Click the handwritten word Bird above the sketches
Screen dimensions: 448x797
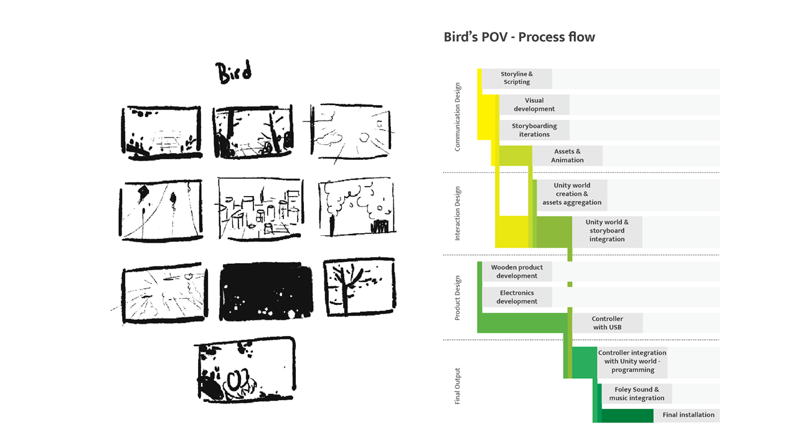(234, 72)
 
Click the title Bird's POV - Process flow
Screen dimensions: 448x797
(519, 37)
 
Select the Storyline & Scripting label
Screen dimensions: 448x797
(517, 78)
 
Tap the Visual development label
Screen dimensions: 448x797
(534, 105)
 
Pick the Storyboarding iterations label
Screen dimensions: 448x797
(534, 130)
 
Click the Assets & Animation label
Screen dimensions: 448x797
(567, 156)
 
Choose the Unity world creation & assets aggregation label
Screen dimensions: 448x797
(572, 194)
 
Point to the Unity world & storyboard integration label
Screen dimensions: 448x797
(606, 231)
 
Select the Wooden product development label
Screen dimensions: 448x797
(517, 272)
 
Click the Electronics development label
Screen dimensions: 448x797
(517, 297)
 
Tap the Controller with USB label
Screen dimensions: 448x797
(607, 323)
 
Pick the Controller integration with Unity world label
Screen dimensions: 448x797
(632, 362)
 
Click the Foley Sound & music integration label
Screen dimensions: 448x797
(636, 394)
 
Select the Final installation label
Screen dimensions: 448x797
(688, 415)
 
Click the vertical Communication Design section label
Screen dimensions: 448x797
(458, 117)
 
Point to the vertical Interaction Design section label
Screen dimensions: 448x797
(458, 213)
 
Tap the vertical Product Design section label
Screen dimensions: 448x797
(458, 298)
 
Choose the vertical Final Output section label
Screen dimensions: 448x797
(458, 386)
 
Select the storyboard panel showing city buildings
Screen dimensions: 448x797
(261, 207)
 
